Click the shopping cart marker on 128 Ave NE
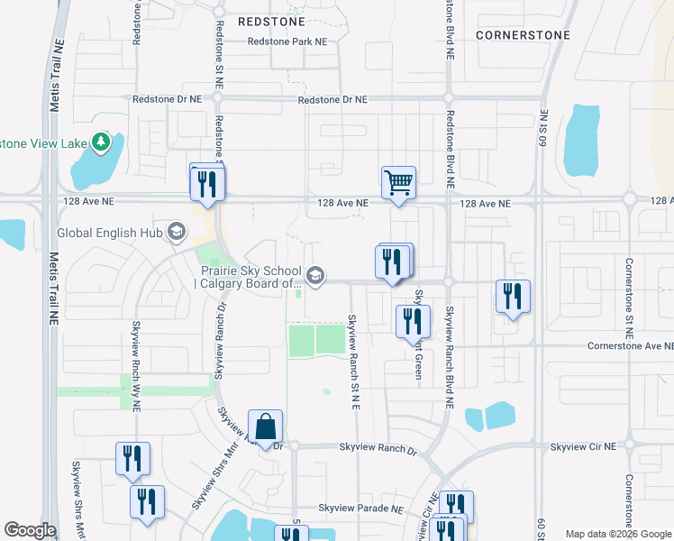tap(398, 183)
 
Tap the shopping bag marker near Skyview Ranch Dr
tap(266, 426)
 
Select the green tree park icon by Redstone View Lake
tap(101, 142)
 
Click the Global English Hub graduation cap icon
tap(177, 232)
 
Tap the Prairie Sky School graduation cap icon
tap(314, 276)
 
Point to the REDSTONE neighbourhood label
tap(271, 20)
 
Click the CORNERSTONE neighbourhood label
tap(523, 35)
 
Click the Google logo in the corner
tap(30, 530)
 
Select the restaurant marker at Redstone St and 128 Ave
tap(207, 184)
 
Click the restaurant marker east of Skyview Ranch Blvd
tap(513, 297)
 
